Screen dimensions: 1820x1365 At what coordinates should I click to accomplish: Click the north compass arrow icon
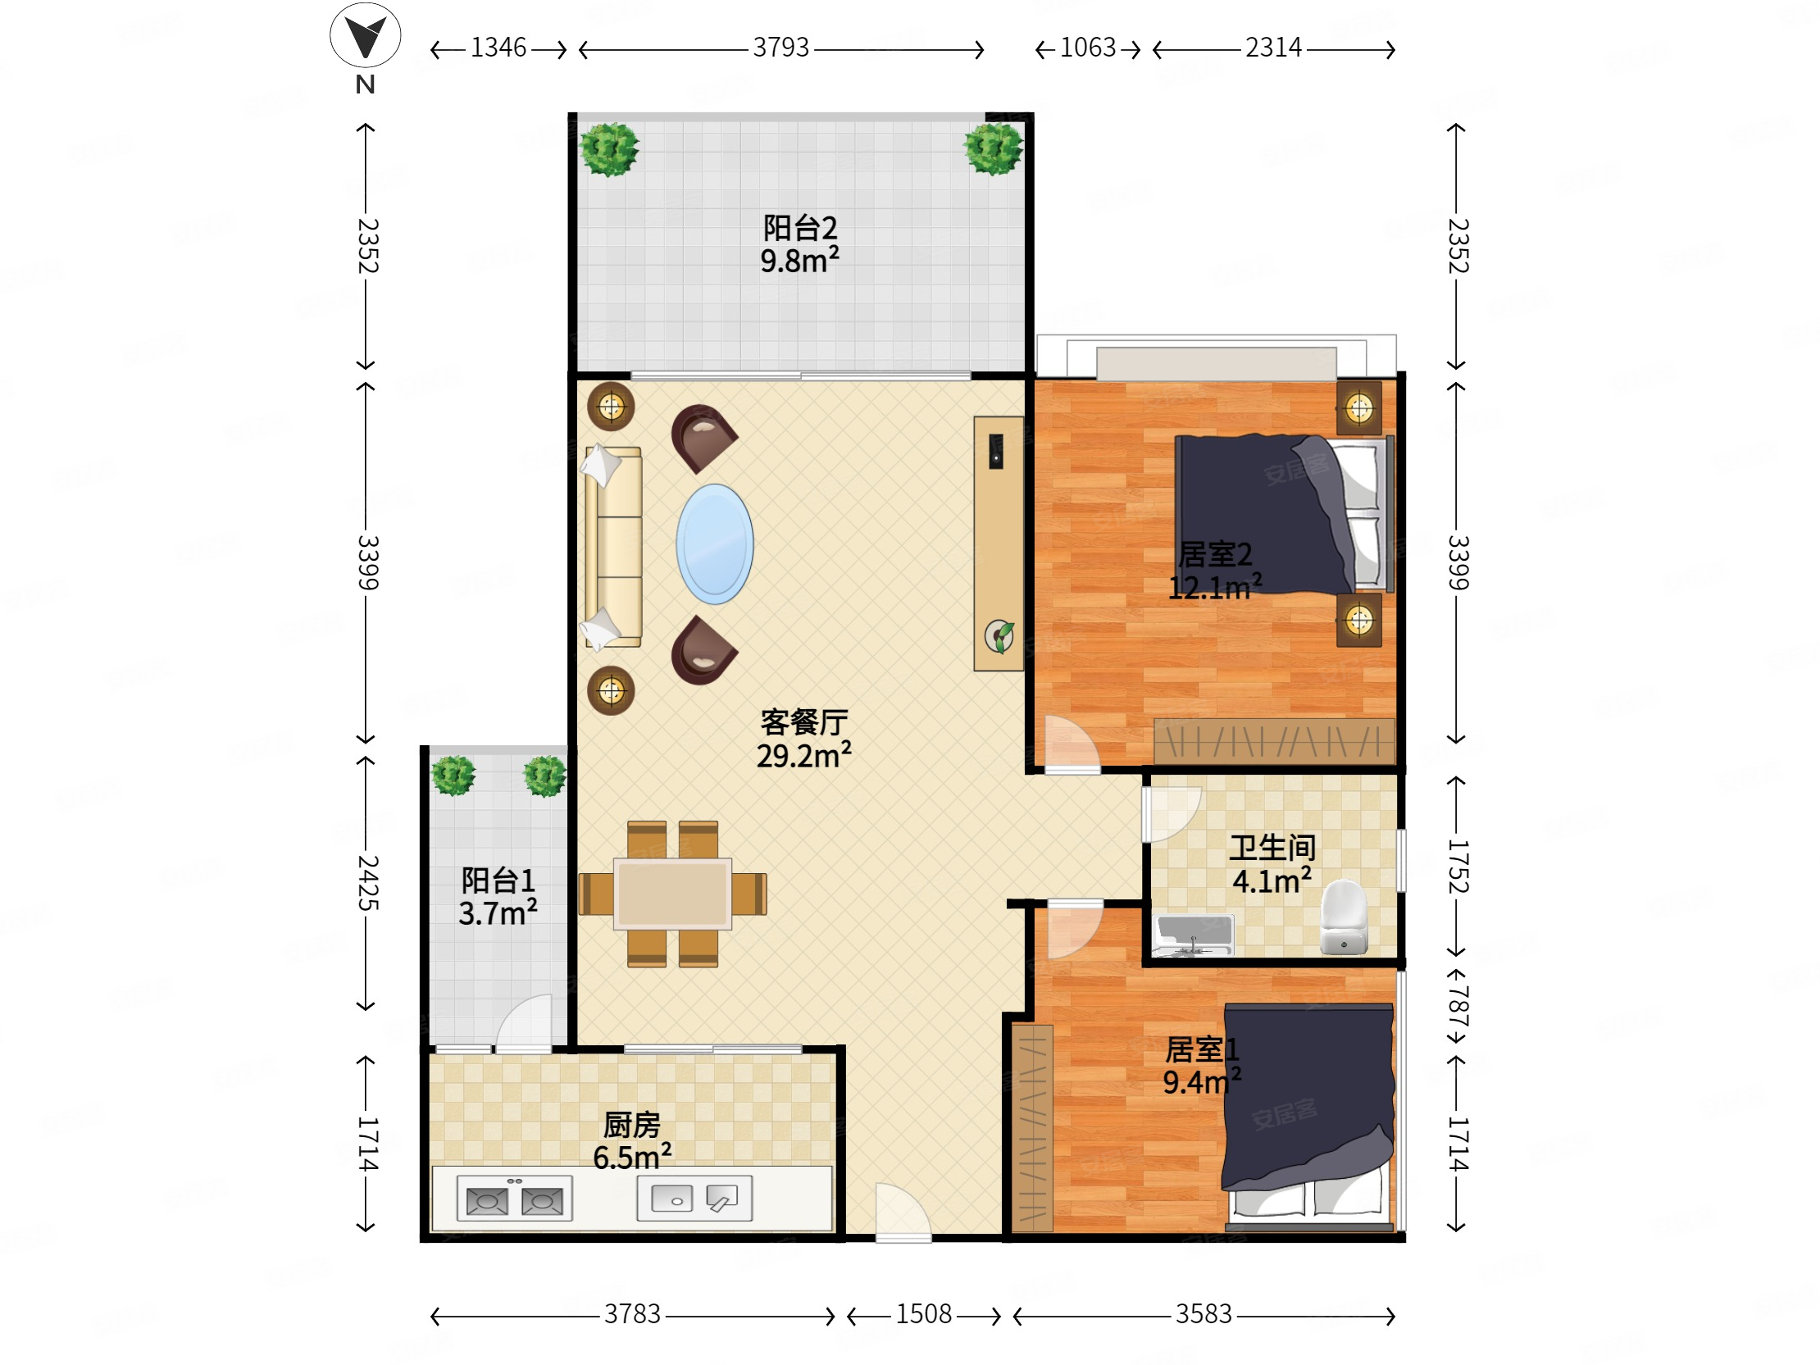click(365, 35)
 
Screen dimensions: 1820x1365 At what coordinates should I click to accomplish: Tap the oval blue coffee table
click(714, 544)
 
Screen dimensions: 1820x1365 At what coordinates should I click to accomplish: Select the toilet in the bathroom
click(1344, 917)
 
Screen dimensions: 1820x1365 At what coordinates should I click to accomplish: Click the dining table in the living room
click(673, 894)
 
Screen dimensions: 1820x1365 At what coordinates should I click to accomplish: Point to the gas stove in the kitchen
click(514, 1199)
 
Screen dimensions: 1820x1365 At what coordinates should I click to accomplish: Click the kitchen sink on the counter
click(694, 1198)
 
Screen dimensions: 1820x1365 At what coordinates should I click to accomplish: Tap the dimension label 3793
click(780, 48)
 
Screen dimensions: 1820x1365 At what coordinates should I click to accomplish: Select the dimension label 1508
click(923, 1314)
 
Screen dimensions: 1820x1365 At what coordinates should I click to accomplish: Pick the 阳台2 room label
click(800, 228)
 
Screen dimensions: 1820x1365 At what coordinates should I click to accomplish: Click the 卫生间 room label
click(1272, 849)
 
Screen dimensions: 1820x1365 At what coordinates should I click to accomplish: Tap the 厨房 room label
click(632, 1125)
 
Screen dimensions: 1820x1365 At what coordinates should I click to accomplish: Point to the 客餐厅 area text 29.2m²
click(804, 755)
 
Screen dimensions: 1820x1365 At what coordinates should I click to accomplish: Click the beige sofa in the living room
click(613, 546)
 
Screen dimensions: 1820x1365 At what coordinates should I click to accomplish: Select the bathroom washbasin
click(1193, 935)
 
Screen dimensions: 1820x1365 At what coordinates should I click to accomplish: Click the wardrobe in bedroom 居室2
click(1274, 741)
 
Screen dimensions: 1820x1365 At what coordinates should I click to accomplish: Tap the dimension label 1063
click(1088, 48)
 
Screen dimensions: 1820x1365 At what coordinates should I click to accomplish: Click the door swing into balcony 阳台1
click(524, 1022)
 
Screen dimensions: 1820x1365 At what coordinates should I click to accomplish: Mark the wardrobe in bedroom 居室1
click(1032, 1128)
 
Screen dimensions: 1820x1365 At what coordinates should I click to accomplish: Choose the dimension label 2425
click(367, 883)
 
